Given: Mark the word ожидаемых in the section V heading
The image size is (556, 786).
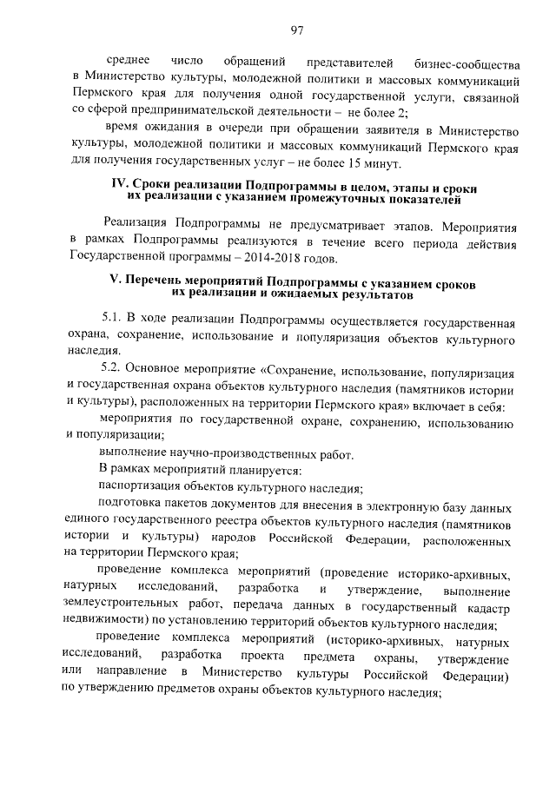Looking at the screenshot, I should [x=301, y=295].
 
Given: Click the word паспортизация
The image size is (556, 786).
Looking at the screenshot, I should [x=139, y=486].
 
